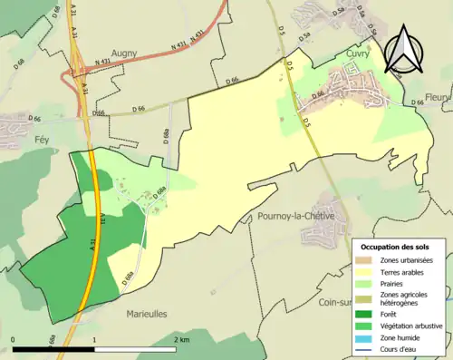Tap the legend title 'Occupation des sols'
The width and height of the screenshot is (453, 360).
[396, 247]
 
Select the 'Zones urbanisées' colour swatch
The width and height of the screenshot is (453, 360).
[368, 260]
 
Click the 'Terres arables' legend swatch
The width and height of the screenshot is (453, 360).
[368, 271]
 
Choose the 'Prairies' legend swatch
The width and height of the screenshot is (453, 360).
[368, 283]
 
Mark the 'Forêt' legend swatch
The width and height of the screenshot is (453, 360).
[368, 314]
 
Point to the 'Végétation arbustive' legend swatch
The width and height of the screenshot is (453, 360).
[368, 325]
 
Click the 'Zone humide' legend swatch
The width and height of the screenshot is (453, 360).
[368, 336]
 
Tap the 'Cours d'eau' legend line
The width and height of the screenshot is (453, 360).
[368, 347]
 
